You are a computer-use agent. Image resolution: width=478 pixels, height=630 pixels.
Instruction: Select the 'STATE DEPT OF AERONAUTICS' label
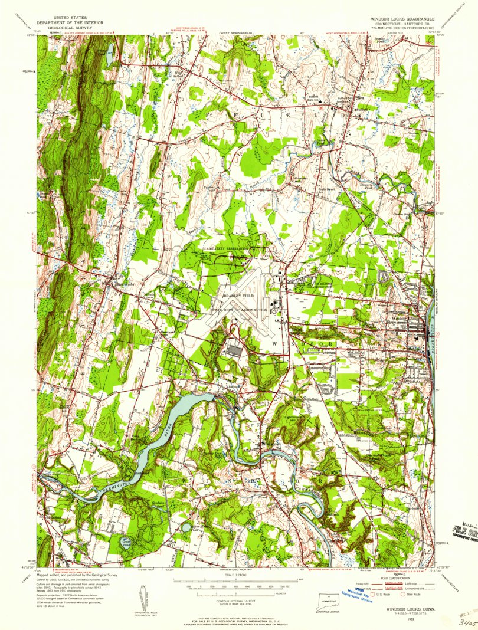point(240,309)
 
